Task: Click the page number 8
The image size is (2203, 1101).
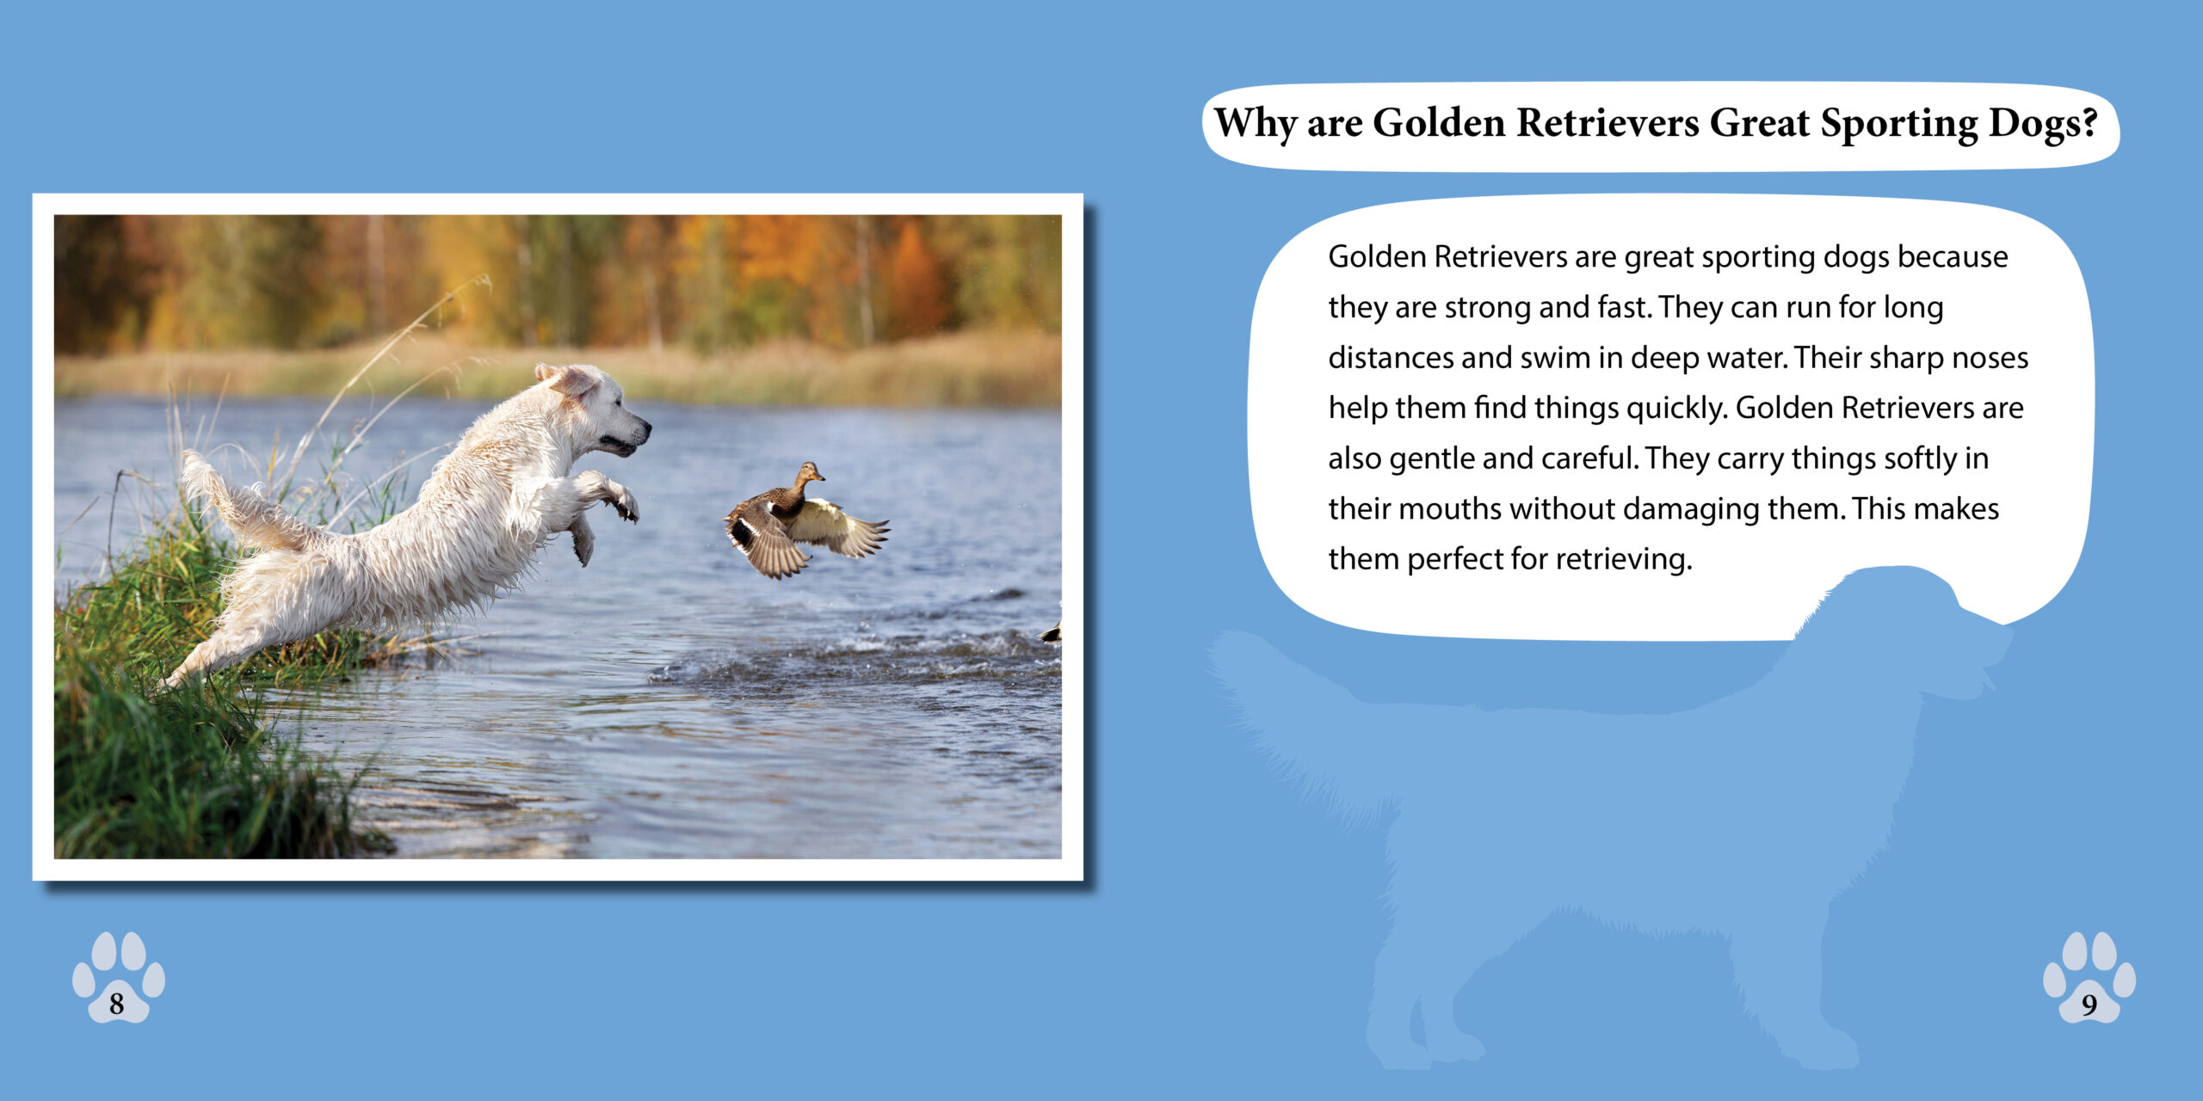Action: click(116, 1004)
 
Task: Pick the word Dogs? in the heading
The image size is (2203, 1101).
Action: click(2043, 123)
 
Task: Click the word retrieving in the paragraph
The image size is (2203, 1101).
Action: click(1624, 560)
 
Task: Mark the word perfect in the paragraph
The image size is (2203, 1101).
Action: click(1455, 560)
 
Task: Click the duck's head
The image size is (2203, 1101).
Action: click(809, 471)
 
